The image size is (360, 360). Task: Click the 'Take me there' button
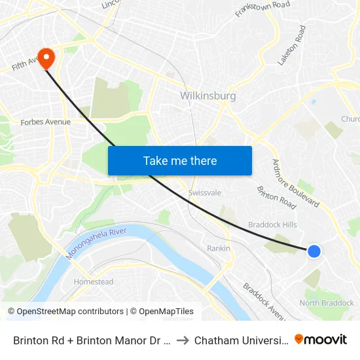180,160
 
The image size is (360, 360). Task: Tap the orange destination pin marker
46,58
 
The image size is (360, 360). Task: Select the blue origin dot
314,251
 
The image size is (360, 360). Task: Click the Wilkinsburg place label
207,96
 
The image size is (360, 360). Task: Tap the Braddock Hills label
272,225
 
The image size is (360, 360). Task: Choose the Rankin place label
219,249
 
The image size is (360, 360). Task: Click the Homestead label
94,282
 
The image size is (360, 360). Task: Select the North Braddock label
327,303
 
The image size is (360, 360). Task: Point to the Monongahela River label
96,242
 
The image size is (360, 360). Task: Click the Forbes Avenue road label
46,122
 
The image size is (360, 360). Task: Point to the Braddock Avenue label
264,300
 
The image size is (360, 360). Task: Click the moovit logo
321,339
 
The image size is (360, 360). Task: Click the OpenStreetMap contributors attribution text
65,312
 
